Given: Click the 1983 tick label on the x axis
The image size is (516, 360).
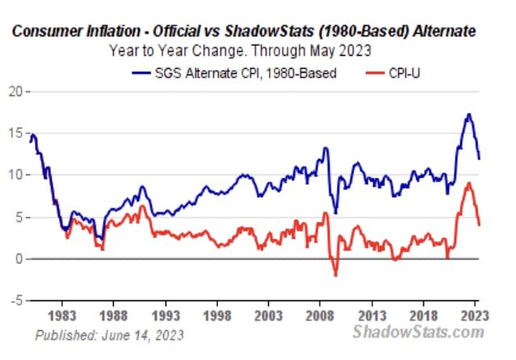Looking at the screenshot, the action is click(x=62, y=316).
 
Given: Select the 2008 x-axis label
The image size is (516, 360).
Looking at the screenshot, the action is click(x=320, y=316).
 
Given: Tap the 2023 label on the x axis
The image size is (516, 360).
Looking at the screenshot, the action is click(x=475, y=316).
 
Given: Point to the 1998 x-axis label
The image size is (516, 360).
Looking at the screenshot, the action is click(x=217, y=316).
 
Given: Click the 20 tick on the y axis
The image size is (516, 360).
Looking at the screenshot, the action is click(x=15, y=91).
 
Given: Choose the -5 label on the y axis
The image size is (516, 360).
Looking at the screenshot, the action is click(x=16, y=300).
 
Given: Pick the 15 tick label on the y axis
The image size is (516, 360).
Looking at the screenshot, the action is click(x=15, y=133).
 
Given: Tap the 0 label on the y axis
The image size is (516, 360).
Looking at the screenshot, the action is click(x=19, y=259).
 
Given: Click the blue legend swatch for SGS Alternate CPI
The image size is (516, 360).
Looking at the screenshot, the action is click(x=141, y=73).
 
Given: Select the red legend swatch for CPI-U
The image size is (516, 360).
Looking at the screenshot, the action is click(x=375, y=73).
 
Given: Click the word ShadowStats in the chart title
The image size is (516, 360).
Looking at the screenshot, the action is click(x=269, y=31).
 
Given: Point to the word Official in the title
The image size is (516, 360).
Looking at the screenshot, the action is click(x=176, y=31).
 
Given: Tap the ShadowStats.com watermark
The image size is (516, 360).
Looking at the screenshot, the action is click(x=418, y=332).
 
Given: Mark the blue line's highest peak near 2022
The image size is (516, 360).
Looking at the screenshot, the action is click(x=469, y=114).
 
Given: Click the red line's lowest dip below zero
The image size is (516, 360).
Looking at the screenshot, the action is click(x=336, y=274).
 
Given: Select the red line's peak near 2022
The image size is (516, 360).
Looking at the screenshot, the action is click(x=469, y=183).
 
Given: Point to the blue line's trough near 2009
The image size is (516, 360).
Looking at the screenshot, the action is click(x=335, y=213).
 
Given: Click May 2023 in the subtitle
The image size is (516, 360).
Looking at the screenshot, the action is click(x=340, y=51).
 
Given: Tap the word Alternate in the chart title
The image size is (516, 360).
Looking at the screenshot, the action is click(x=444, y=31).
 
